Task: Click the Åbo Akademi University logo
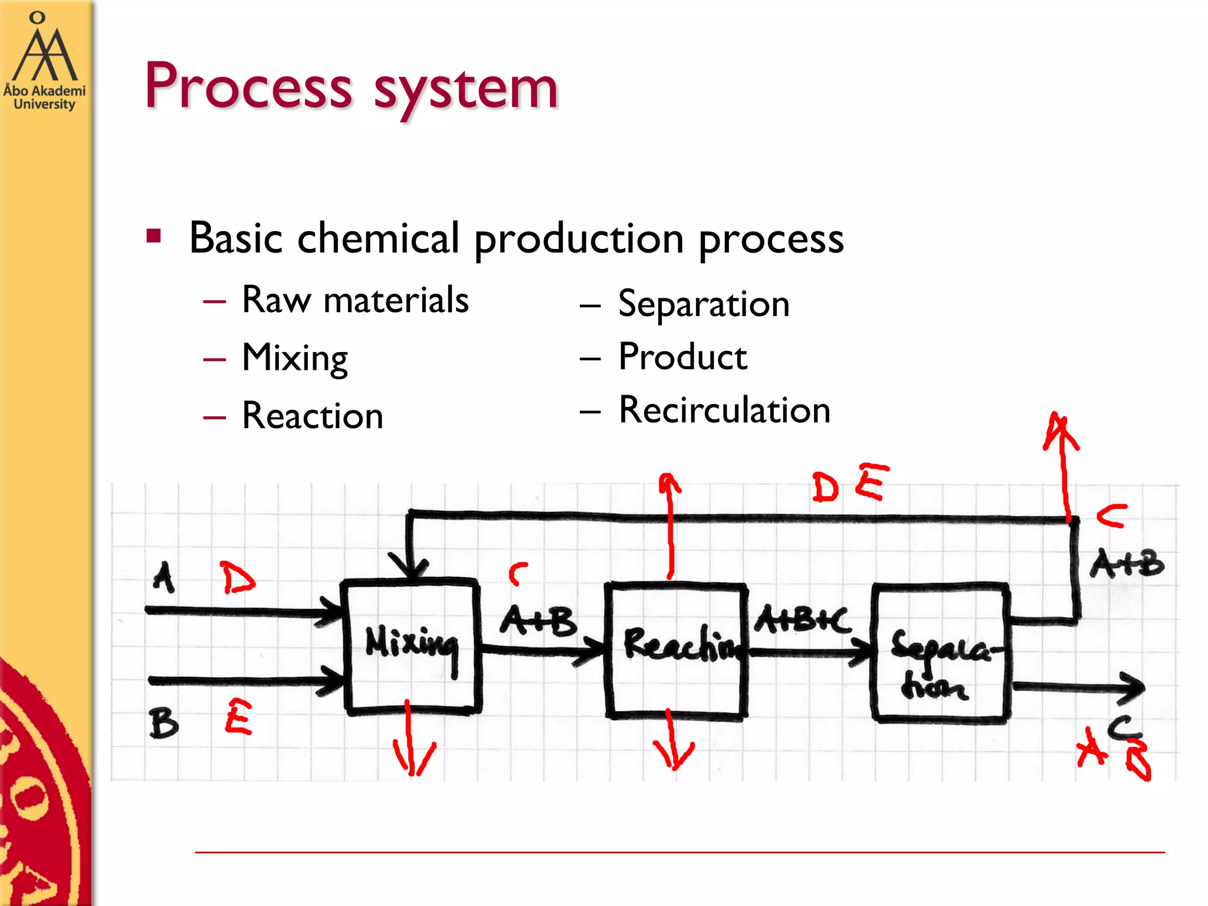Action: tap(44, 62)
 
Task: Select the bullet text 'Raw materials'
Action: tap(355, 300)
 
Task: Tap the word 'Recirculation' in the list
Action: tap(724, 410)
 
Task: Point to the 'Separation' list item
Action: tap(704, 304)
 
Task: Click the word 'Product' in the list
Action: tap(682, 357)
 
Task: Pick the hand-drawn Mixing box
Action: tap(412, 647)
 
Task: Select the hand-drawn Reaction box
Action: tap(676, 650)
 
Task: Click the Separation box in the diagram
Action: tap(940, 652)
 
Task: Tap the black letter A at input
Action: tap(163, 576)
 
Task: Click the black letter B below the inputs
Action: tap(163, 723)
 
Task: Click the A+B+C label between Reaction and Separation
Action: tap(802, 619)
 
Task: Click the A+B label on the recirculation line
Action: tap(1127, 564)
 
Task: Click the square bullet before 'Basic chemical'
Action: tap(154, 237)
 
